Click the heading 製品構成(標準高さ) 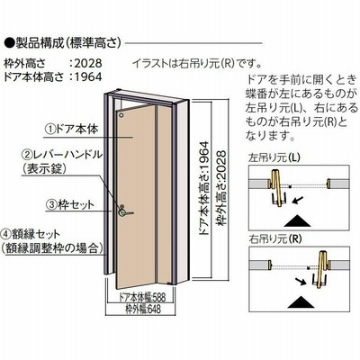pyautogui.click(x=68, y=43)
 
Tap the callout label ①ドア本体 pyautogui.click(x=72, y=129)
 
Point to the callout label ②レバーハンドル pyautogui.click(x=63, y=155)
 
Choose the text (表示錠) pyautogui.click(x=44, y=169)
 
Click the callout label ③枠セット pyautogui.click(x=70, y=204)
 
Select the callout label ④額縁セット pyautogui.click(x=31, y=234)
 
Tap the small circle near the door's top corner pyautogui.click(x=121, y=115)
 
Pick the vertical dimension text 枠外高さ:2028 pyautogui.click(x=221, y=189)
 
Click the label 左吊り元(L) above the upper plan pyautogui.click(x=274, y=157)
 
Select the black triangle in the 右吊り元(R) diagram pyautogui.click(x=301, y=302)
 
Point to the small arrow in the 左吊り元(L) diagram pyautogui.click(x=299, y=200)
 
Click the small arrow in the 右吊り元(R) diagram pyautogui.click(x=301, y=281)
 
